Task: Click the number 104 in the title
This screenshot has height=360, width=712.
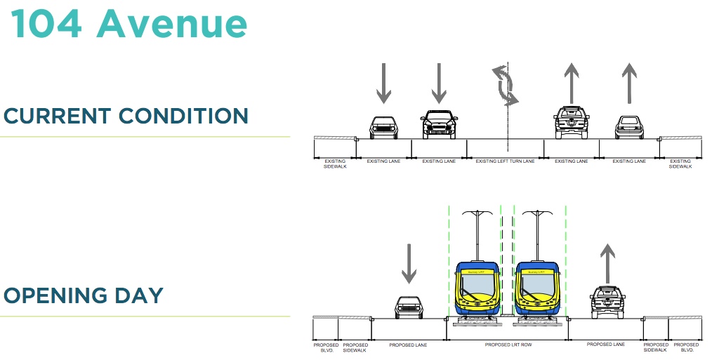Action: tap(48, 23)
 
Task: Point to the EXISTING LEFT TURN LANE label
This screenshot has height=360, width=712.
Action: tap(505, 161)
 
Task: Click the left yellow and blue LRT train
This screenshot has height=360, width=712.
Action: tap(477, 288)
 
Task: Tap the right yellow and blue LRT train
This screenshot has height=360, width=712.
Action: tap(537, 288)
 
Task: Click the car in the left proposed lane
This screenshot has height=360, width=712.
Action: tap(408, 307)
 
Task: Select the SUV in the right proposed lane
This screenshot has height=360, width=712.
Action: tap(607, 302)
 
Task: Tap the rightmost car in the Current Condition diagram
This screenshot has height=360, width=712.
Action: tap(628, 127)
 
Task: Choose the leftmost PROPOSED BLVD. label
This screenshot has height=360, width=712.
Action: tap(326, 347)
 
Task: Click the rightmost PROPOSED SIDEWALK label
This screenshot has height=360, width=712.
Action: tap(656, 347)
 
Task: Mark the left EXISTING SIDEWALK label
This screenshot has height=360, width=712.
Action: tap(334, 164)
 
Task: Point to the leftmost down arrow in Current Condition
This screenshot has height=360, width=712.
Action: tap(383, 84)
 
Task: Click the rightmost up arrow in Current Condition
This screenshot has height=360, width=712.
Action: tap(628, 84)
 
